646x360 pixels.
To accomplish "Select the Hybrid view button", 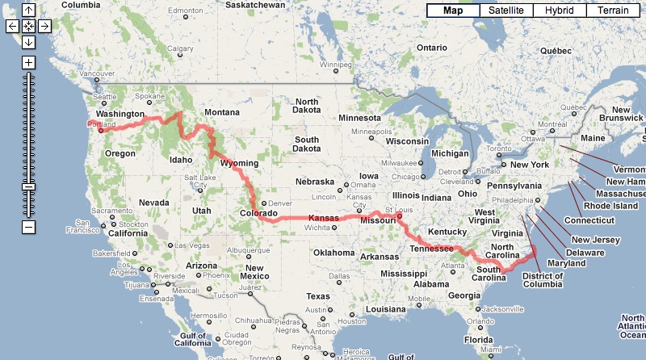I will tap(560, 10).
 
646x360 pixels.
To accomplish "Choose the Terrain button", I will tap(615, 10).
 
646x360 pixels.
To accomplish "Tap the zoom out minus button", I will tap(29, 227).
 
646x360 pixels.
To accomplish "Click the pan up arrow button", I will tap(29, 10).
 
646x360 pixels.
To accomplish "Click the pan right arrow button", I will tap(44, 26).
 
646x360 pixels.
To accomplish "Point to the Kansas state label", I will tap(323, 219).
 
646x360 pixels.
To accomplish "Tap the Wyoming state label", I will tap(239, 163).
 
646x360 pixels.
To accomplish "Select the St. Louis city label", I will tap(393, 212).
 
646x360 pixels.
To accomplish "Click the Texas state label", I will tap(317, 296).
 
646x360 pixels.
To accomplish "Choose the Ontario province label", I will tap(432, 48).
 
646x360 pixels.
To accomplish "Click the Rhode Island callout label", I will tap(611, 206).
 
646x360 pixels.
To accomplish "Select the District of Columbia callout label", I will tap(542, 282).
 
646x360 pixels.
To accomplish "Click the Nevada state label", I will tap(153, 203).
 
